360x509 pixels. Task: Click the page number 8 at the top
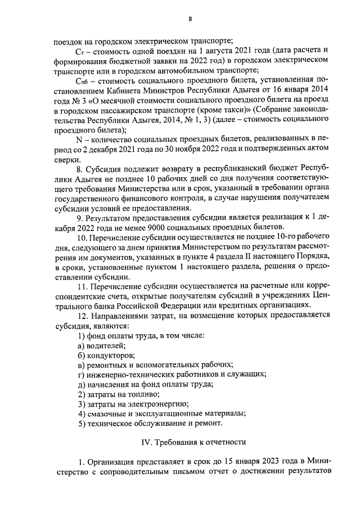pos(190,19)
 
